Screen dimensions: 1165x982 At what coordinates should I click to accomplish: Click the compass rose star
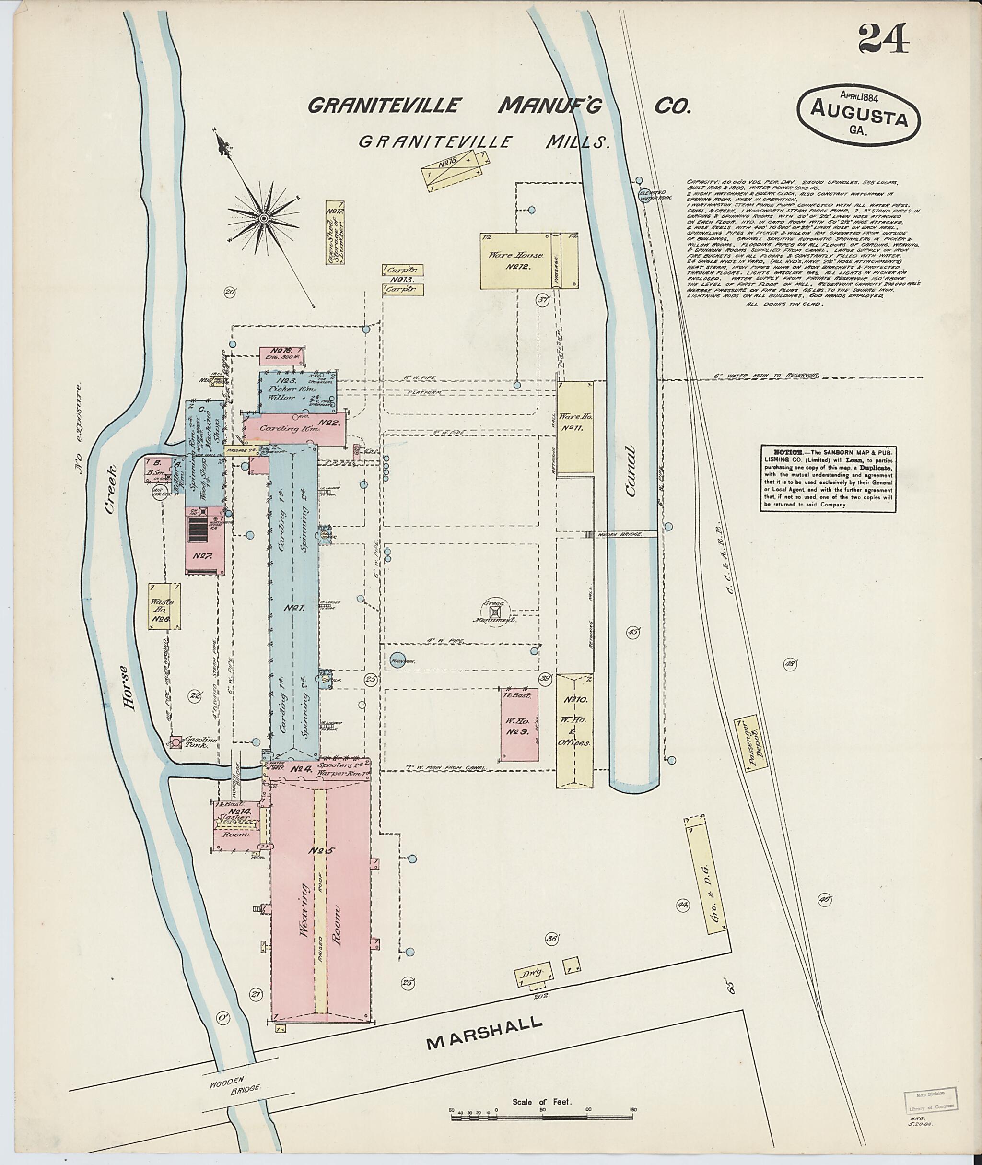(x=263, y=218)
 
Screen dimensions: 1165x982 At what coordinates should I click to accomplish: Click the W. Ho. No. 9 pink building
(x=519, y=724)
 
